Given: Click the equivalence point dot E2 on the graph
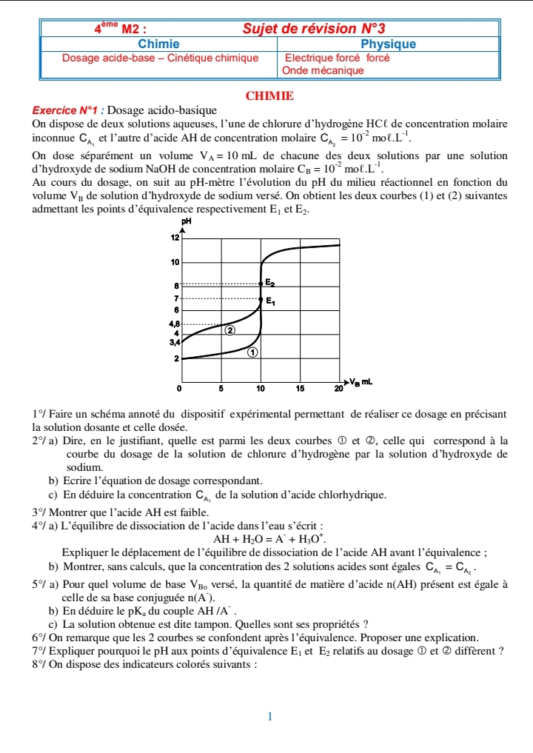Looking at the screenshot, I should coord(261,283).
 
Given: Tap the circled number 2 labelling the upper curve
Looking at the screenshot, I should coord(230,330).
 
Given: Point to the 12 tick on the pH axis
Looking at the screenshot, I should coord(175,238).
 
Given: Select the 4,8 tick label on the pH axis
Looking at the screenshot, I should coord(174,324).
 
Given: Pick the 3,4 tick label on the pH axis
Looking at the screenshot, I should coord(174,342).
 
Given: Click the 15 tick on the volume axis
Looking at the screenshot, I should coord(300,387).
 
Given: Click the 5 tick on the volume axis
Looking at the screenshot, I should coord(221,387).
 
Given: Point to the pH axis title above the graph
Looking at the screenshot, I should coord(186,221).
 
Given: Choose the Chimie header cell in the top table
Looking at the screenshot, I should coord(159,44).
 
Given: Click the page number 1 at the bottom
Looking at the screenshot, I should coord(270,716).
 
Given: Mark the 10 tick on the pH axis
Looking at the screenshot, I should coord(175,262).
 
